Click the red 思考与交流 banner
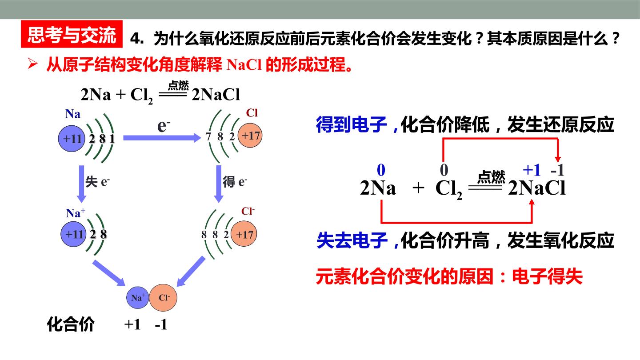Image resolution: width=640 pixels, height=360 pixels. (x=72, y=34)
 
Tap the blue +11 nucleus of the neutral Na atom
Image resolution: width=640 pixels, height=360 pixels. (x=72, y=139)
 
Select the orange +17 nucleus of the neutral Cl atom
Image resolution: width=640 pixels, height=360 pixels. (x=250, y=136)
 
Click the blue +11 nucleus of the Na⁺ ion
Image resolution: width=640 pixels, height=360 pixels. (x=73, y=234)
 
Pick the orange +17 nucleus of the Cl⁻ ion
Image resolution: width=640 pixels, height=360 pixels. (x=244, y=234)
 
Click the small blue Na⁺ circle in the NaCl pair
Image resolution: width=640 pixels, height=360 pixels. (x=138, y=298)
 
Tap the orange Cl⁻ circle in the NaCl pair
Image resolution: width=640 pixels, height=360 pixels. (x=163, y=298)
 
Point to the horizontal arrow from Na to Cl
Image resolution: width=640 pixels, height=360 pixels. (x=162, y=138)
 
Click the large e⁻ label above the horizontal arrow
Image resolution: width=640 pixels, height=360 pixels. (x=164, y=125)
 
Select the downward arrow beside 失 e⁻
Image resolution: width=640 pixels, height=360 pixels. (x=81, y=184)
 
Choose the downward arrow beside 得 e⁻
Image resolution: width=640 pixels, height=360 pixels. (x=219, y=184)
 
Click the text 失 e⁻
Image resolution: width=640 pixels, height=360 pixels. (x=97, y=181)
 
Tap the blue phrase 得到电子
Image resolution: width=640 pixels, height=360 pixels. (x=352, y=124)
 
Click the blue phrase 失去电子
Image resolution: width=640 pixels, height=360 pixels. (x=352, y=240)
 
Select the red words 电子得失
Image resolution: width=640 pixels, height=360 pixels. (x=547, y=276)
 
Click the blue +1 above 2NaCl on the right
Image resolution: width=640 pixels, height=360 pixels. (x=532, y=170)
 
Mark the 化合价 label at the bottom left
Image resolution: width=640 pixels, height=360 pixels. (x=71, y=324)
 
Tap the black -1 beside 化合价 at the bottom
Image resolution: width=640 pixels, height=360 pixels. (x=161, y=324)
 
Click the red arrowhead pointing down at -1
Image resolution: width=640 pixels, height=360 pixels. (x=558, y=159)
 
